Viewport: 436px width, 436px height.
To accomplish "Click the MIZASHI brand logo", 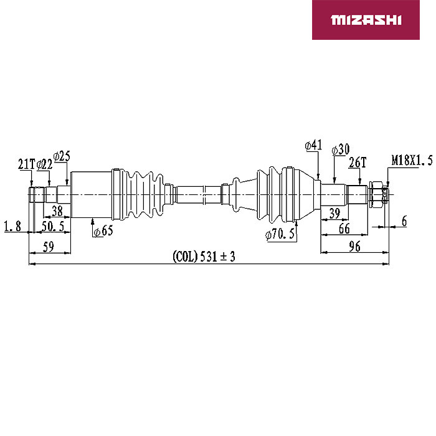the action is coord(366,20).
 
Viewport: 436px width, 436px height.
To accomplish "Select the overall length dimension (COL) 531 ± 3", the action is coord(204,256).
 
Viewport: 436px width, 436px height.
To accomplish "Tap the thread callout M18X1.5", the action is coord(412,161).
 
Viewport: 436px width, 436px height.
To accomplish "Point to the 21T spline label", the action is coord(27,164).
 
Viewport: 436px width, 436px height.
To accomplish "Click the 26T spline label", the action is coord(358,163).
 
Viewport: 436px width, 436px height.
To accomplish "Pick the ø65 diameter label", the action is coord(103,231).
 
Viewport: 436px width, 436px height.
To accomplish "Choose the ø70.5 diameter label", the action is coord(280,234).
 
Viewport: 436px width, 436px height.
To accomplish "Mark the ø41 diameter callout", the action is coord(313,145).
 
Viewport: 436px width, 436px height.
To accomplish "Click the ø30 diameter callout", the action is coord(341,149).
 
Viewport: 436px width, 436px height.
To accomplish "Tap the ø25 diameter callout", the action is coord(62,156).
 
